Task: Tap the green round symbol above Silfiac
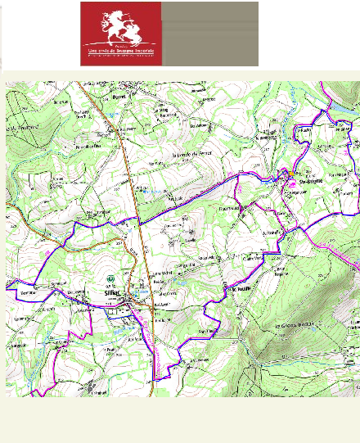112,278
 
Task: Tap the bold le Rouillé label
240,288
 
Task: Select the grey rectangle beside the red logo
209,34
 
